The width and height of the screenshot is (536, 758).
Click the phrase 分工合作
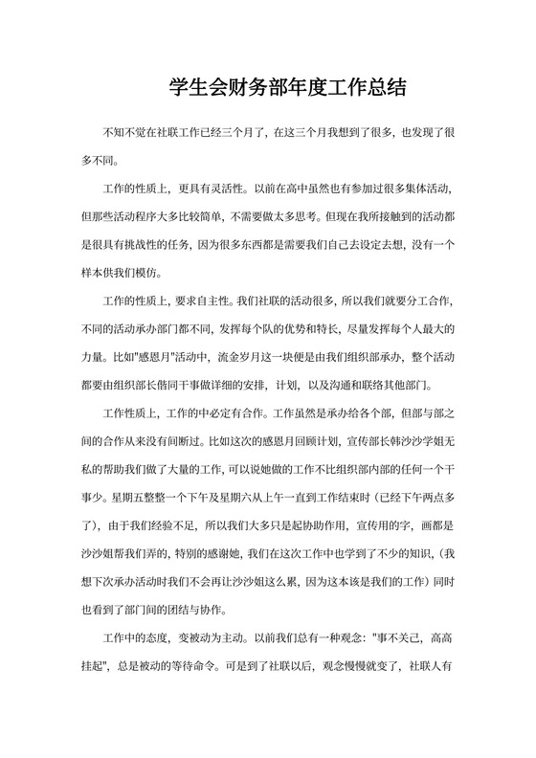tap(437, 301)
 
